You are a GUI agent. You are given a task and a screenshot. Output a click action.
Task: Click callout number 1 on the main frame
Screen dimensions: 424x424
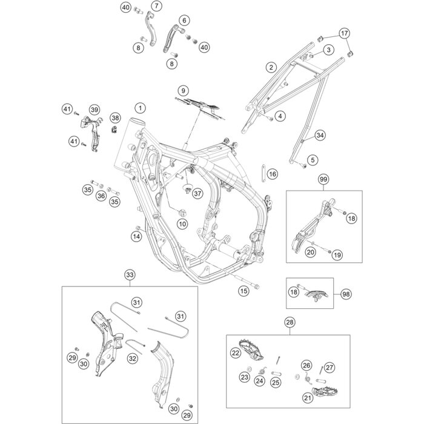(141, 108)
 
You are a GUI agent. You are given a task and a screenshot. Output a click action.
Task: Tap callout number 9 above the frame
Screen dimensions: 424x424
(181, 90)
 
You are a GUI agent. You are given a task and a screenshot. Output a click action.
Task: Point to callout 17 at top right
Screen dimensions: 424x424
(344, 33)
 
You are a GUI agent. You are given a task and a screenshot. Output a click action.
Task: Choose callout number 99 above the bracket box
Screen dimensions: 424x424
(323, 179)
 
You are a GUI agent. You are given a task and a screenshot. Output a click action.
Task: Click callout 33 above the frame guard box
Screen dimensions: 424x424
(129, 276)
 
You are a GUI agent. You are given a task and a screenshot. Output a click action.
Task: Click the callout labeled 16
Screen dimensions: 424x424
(272, 174)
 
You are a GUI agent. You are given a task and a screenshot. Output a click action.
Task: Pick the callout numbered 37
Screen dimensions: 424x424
(197, 193)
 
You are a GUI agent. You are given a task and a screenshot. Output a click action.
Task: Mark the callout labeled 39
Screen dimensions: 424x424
(94, 109)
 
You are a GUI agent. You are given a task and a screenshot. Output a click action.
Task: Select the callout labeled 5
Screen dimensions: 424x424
(313, 160)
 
